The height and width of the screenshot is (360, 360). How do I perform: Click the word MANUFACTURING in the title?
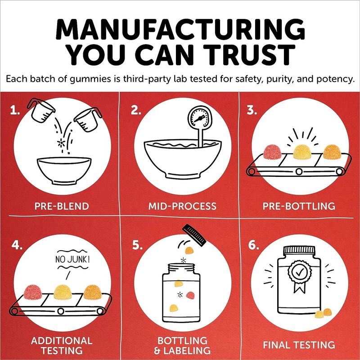(180, 29)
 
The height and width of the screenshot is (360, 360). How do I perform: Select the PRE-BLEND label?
(62, 206)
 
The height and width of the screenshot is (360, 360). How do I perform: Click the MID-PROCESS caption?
(182, 206)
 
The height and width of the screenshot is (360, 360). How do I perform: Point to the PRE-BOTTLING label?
(299, 206)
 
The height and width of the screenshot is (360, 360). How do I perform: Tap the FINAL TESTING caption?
(299, 345)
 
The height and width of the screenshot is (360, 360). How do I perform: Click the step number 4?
(17, 245)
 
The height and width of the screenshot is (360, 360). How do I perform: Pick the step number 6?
(253, 245)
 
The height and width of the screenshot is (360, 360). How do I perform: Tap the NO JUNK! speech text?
(72, 260)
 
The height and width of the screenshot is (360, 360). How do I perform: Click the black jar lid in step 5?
(194, 235)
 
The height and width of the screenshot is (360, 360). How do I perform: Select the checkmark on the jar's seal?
(300, 272)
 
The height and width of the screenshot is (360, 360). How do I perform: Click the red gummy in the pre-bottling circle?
(272, 152)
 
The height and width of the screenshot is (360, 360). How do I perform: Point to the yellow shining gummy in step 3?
(302, 152)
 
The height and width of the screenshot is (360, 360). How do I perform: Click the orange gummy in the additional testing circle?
(93, 292)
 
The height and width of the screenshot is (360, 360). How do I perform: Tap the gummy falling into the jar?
(189, 250)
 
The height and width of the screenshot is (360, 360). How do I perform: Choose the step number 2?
(136, 110)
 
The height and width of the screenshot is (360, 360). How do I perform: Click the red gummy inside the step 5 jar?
(190, 295)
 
